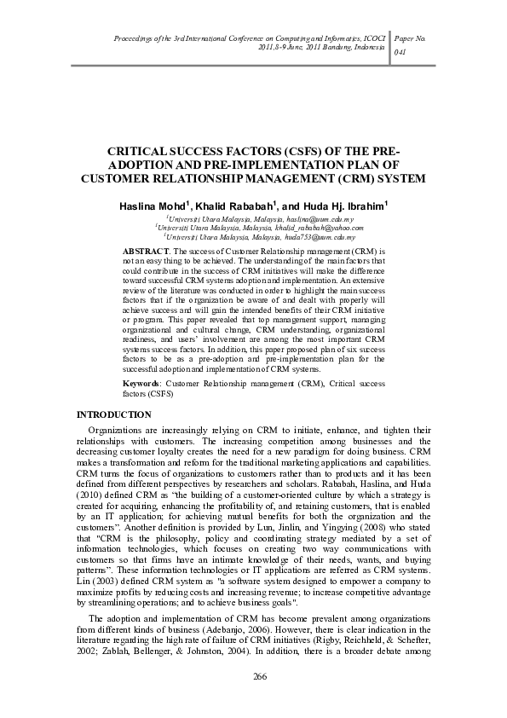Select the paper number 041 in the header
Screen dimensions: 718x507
coord(400,51)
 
